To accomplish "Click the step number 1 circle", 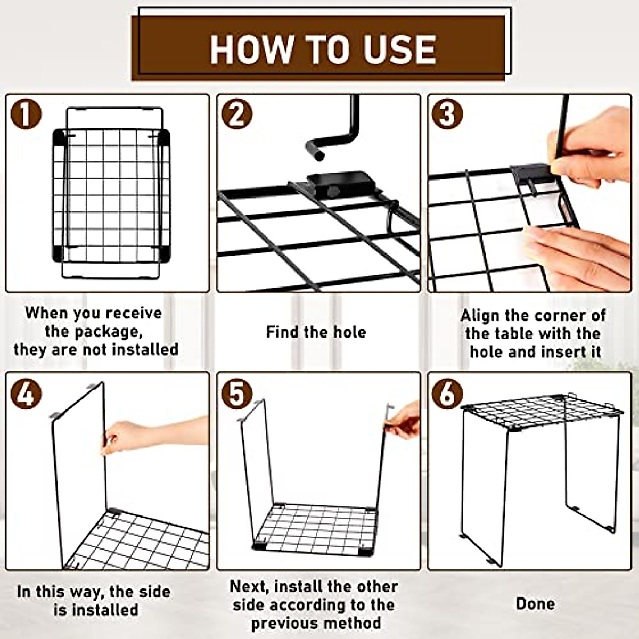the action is pyautogui.click(x=26, y=114).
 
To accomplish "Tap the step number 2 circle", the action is pyautogui.click(x=237, y=114).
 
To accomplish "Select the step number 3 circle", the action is pyautogui.click(x=447, y=114).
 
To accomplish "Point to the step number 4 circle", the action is pyautogui.click(x=26, y=394).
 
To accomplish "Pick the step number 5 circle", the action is pyautogui.click(x=237, y=394).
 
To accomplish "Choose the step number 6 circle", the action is pyautogui.click(x=447, y=394).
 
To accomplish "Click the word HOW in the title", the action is pyautogui.click(x=252, y=49).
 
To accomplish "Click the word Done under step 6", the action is pyautogui.click(x=536, y=604).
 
